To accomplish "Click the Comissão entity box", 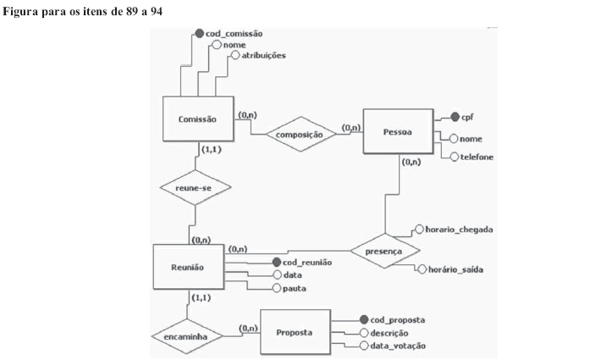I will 198,119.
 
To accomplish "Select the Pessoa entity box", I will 397,131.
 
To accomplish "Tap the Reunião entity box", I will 188,268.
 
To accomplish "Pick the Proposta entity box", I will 294,333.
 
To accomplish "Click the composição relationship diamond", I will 300,134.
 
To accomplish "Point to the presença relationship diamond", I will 384,251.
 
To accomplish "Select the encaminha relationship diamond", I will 186,336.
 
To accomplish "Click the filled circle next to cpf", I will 455,117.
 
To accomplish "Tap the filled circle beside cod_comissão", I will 200,33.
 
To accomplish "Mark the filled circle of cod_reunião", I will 276,263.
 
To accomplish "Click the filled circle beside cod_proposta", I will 364,320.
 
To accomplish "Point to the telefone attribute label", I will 477,157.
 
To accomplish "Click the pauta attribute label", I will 294,289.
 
